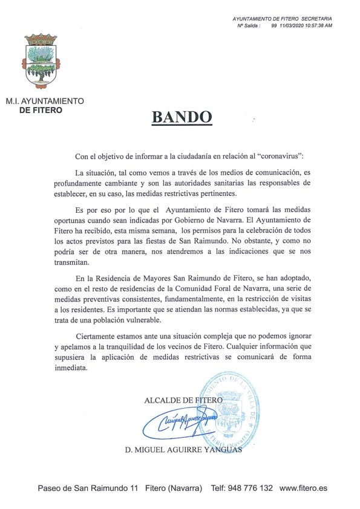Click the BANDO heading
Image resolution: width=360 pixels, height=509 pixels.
(x=182, y=117)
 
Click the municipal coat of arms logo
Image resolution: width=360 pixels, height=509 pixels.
(x=42, y=60)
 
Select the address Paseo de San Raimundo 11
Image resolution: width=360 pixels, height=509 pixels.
(x=88, y=488)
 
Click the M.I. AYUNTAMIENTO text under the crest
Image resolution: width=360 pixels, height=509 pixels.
(x=45, y=102)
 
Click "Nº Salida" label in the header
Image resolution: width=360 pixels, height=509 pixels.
(x=249, y=27)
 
